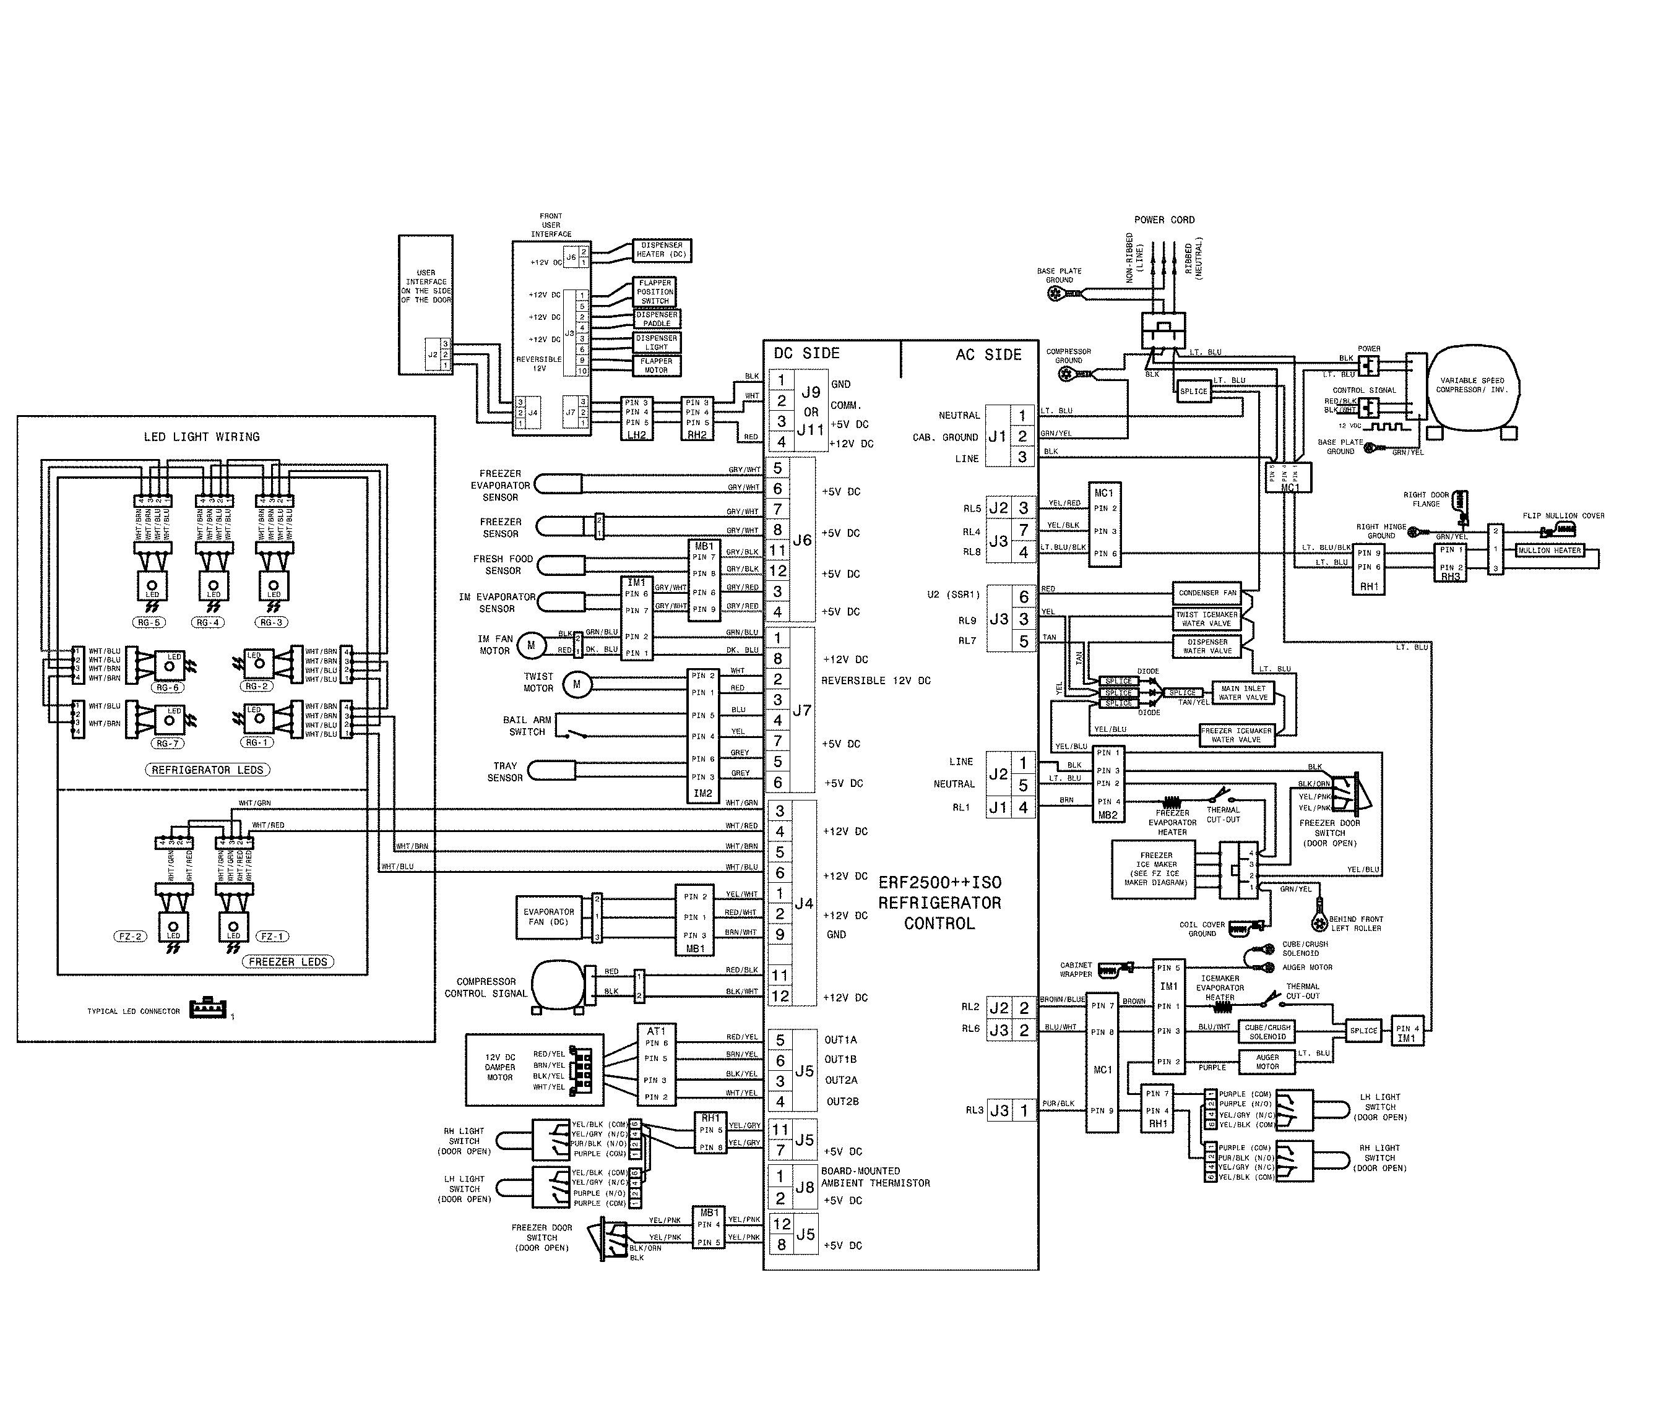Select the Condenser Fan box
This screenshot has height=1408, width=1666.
(x=1207, y=593)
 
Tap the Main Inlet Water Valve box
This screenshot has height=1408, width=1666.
(x=1243, y=693)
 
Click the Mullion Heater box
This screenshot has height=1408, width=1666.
(x=1548, y=551)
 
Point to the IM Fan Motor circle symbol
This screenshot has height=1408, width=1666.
(x=531, y=645)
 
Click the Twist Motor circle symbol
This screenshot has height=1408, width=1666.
(x=576, y=684)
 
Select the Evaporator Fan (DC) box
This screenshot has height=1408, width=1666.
(x=548, y=917)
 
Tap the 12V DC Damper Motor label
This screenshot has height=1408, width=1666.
(x=499, y=1067)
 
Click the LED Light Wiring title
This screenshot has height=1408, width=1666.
(x=201, y=437)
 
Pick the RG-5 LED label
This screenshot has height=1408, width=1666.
(x=149, y=622)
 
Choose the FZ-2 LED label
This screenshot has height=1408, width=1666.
(x=130, y=936)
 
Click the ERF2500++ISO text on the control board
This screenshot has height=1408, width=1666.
(x=939, y=883)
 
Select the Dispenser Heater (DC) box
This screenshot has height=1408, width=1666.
(x=661, y=250)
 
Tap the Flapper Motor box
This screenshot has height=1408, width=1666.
(x=656, y=366)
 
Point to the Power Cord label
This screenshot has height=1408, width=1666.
(x=1164, y=220)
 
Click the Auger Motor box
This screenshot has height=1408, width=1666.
(x=1267, y=1062)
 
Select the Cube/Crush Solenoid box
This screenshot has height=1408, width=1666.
(x=1267, y=1031)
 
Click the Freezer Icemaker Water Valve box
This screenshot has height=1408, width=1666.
(x=1236, y=735)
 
